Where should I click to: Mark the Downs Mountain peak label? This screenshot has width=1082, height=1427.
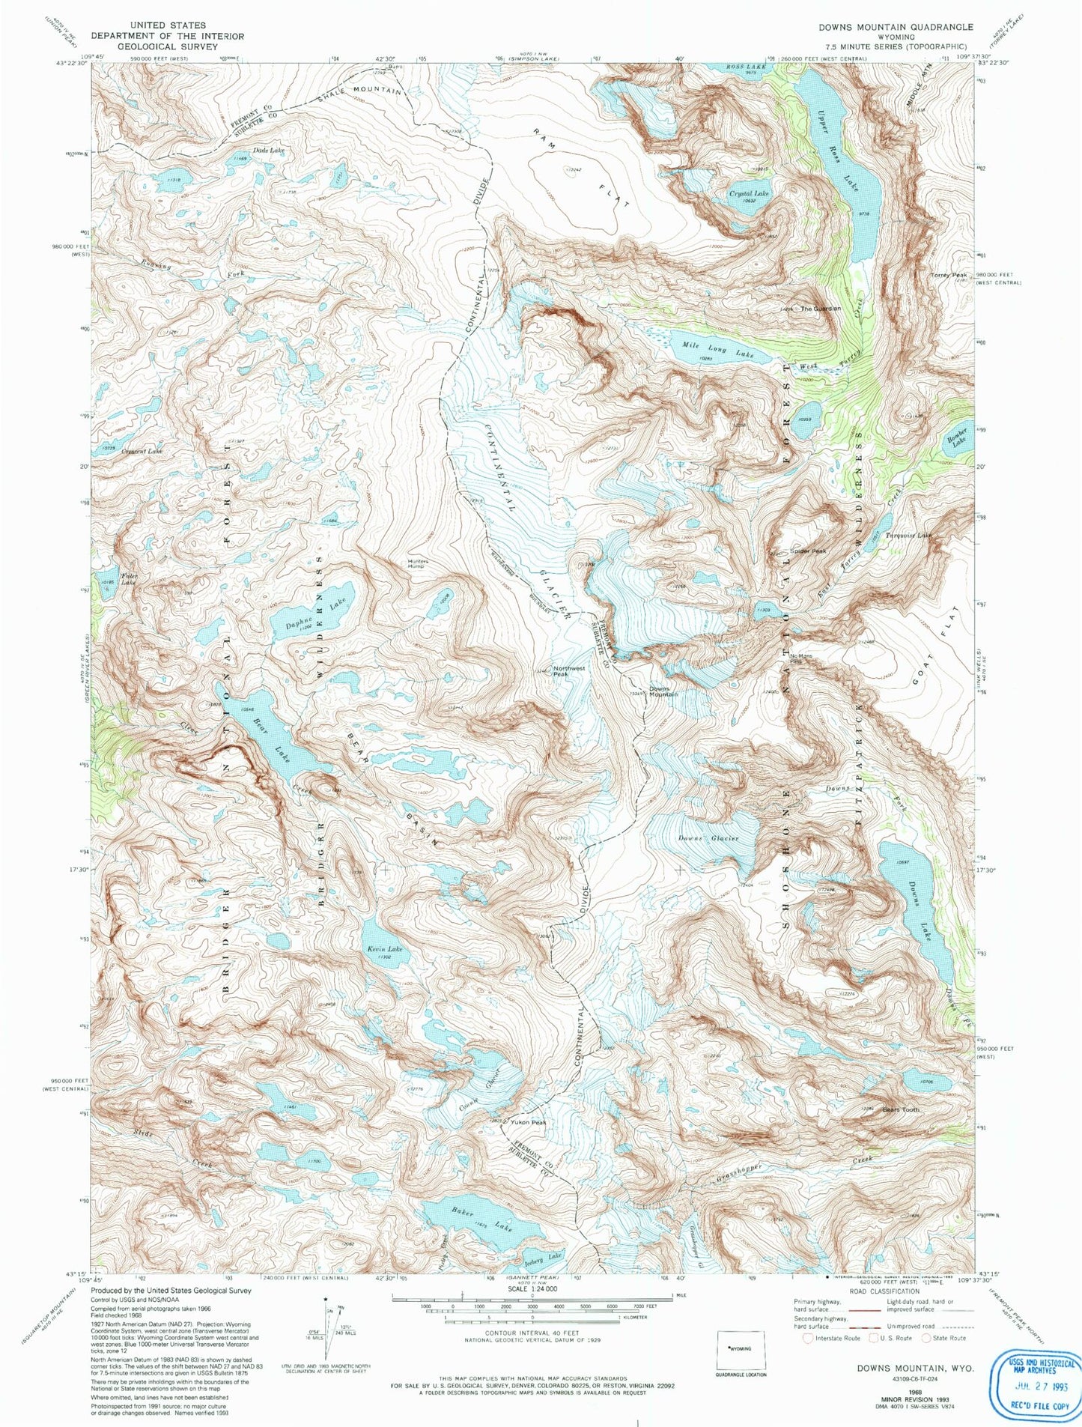663,691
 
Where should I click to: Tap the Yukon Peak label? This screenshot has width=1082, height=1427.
529,1123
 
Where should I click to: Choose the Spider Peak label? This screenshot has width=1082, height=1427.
807,551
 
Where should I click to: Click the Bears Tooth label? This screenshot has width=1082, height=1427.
900,1109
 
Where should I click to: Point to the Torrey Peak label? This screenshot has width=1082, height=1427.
949,276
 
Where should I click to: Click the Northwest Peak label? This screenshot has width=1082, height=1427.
569,671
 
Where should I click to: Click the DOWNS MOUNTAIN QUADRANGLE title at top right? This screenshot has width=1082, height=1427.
896,27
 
